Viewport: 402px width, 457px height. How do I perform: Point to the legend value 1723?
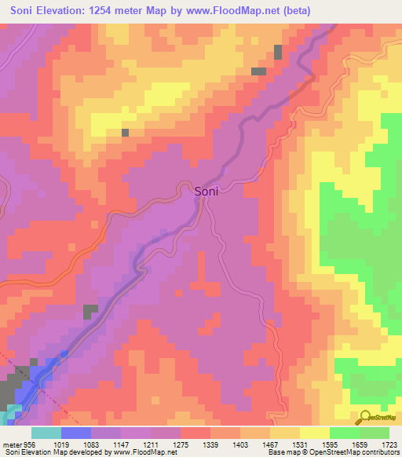tap(389, 445)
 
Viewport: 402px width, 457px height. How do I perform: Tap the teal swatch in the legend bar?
tap(46, 433)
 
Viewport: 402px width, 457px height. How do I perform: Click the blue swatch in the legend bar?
tap(75, 433)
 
